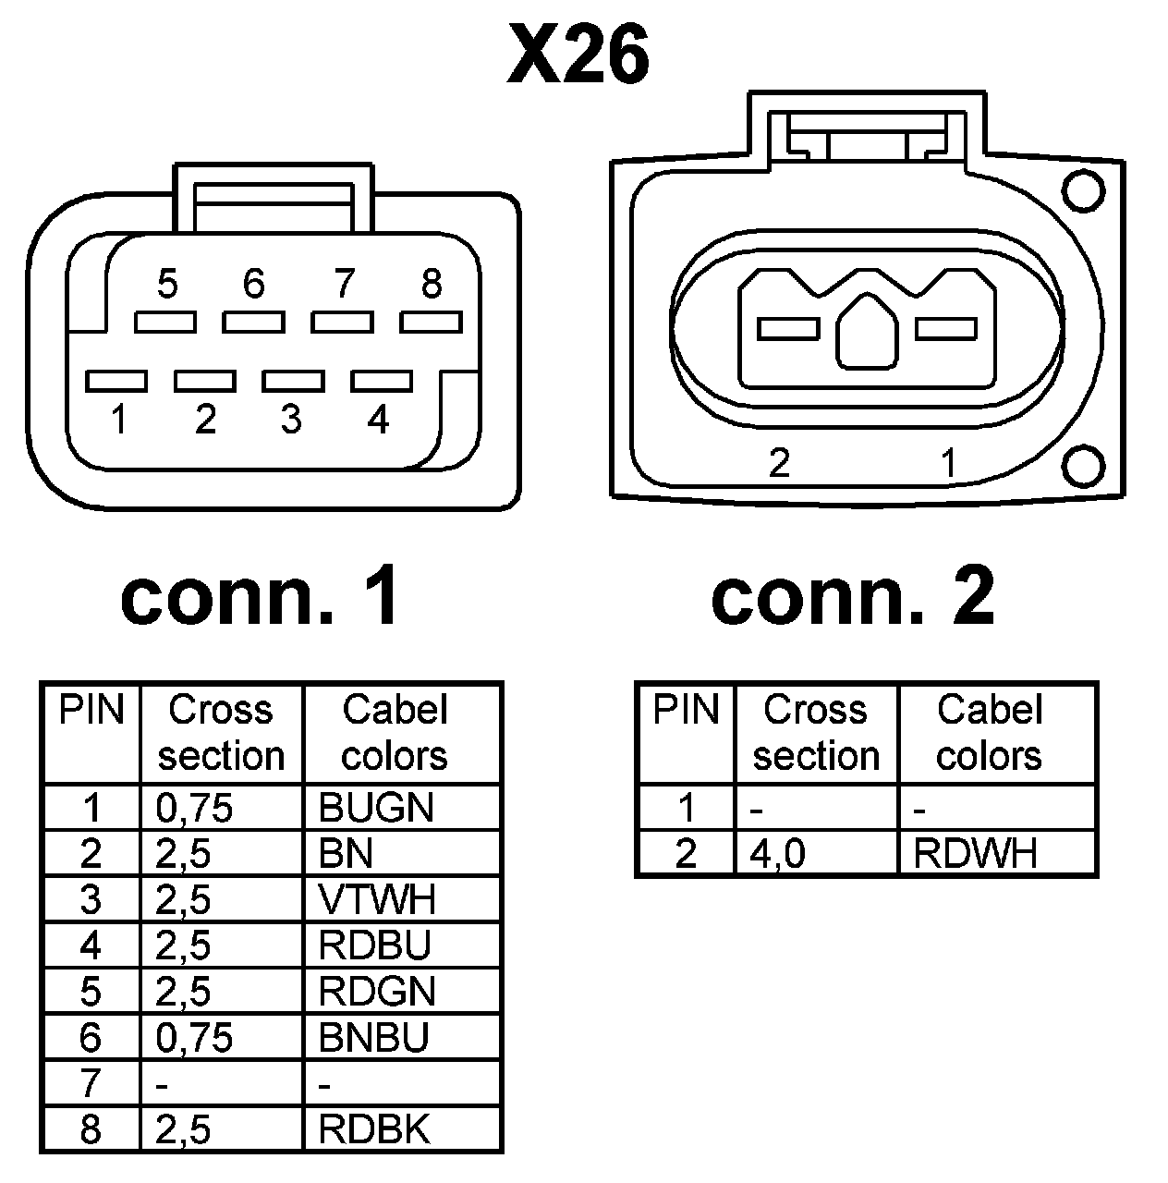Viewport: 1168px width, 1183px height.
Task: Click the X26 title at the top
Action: pos(578,55)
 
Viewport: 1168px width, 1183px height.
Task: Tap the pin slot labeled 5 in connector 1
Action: pos(165,322)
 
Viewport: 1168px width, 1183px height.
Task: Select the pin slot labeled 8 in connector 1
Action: pos(431,322)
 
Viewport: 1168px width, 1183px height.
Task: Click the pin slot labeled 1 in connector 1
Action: pos(116,381)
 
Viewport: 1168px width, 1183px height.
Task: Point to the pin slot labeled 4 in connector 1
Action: pos(382,381)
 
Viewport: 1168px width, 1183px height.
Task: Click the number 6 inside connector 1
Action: pos(253,284)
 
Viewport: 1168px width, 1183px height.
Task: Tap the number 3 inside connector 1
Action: pos(291,420)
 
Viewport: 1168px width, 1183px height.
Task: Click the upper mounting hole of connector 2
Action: pos(1083,191)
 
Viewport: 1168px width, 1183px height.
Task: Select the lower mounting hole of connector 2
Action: pos(1083,465)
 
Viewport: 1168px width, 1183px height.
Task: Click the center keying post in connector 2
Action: pos(866,333)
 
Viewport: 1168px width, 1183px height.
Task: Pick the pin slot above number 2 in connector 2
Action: pos(788,328)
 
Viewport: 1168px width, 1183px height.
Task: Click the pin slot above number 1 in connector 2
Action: pos(945,328)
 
